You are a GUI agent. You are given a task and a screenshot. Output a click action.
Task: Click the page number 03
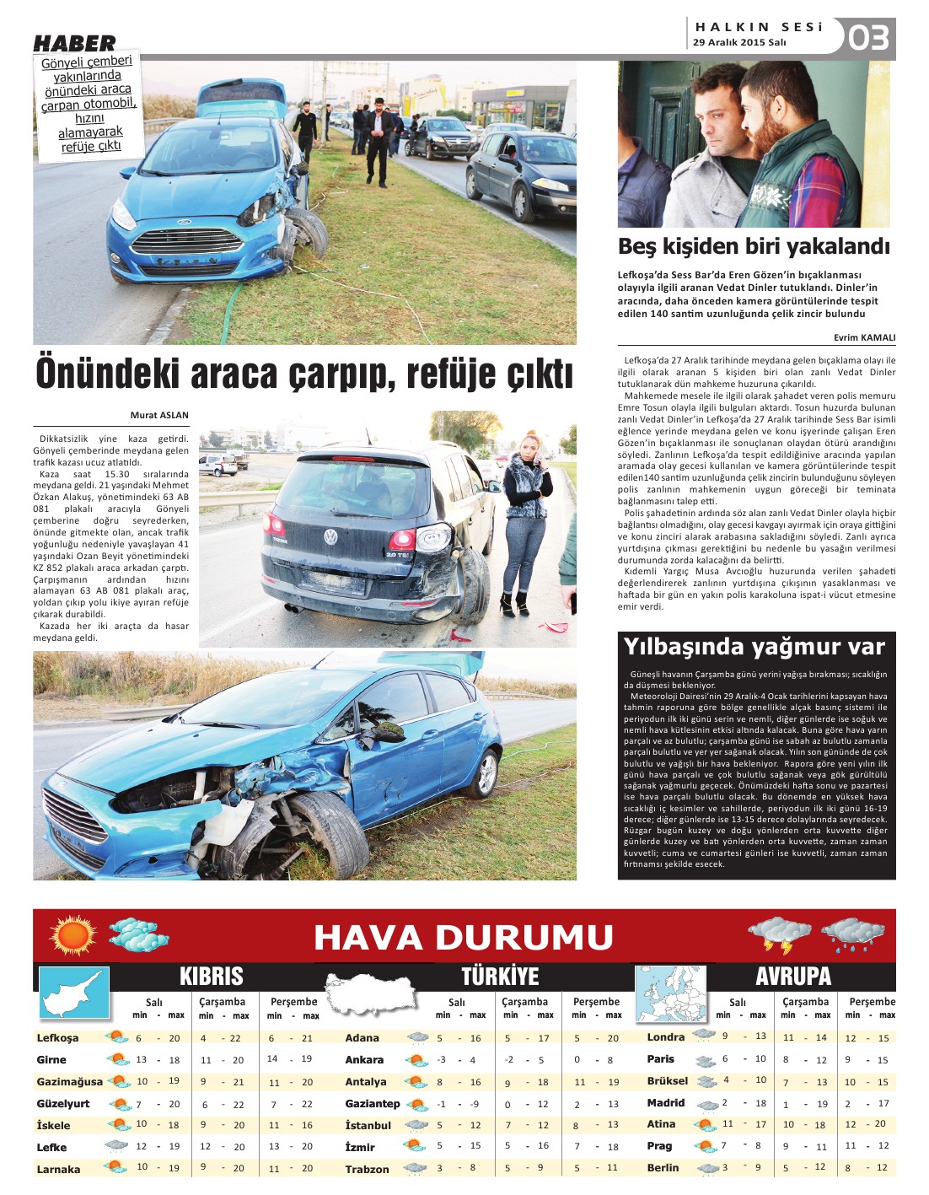click(868, 38)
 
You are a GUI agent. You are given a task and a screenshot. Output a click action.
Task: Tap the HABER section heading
click(74, 43)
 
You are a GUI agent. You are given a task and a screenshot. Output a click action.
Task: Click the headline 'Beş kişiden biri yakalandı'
click(754, 247)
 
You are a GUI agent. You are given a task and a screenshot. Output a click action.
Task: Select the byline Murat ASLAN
click(159, 415)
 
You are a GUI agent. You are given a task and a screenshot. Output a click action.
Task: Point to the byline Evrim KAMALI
click(864, 337)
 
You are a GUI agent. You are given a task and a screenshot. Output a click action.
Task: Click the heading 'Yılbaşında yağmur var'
click(754, 647)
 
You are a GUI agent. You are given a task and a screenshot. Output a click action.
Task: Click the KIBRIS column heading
click(211, 977)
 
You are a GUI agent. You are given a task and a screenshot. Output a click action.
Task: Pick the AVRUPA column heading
click(792, 977)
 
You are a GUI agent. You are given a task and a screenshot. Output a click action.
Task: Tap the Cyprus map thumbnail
click(74, 993)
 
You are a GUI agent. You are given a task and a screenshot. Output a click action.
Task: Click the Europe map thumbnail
click(669, 992)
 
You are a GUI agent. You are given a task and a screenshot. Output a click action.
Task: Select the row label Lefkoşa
click(58, 1038)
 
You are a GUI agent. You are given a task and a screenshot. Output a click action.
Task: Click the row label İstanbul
click(368, 1125)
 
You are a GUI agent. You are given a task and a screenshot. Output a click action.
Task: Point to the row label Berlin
click(663, 1167)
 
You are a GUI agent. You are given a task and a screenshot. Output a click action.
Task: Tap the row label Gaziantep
click(372, 1103)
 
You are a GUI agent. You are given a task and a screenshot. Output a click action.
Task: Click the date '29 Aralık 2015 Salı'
click(739, 42)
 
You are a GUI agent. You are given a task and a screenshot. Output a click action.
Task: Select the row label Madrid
click(665, 1102)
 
